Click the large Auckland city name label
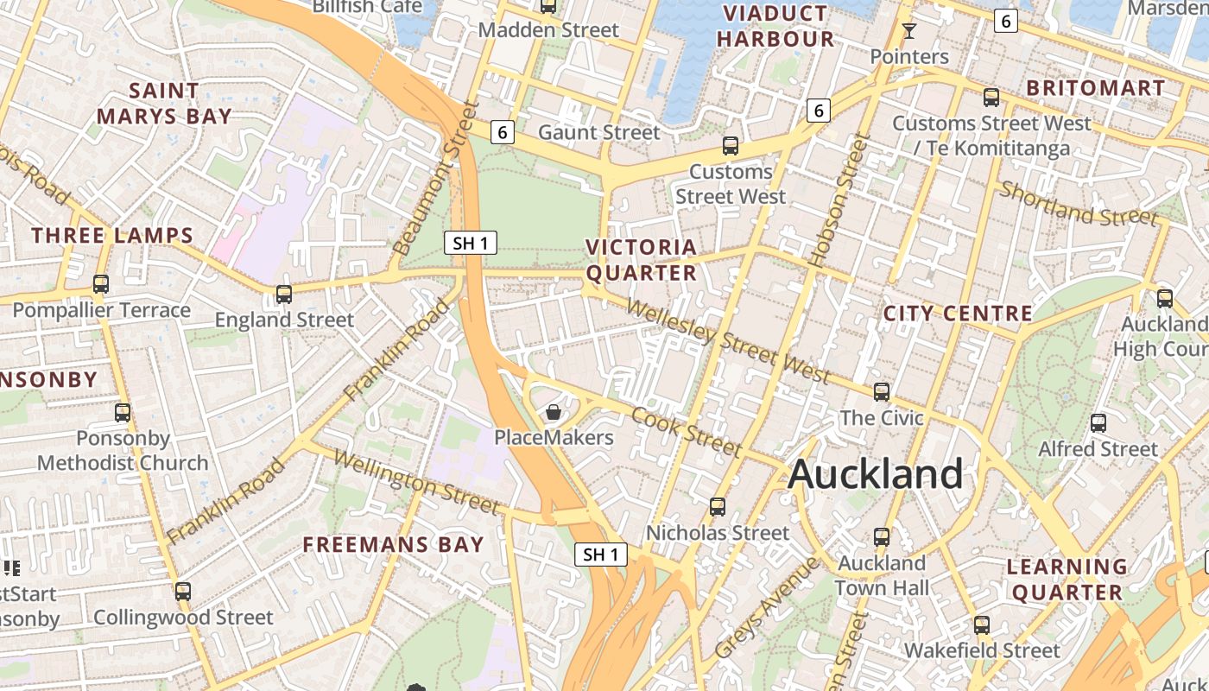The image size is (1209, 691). [x=875, y=474]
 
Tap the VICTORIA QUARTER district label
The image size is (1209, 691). [x=641, y=260]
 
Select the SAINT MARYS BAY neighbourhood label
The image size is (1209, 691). [x=164, y=103]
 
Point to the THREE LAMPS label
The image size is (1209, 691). [x=112, y=235]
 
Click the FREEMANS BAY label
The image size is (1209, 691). [x=393, y=544]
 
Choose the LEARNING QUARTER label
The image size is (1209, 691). [x=1067, y=580]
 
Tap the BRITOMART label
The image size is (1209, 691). [x=1095, y=87]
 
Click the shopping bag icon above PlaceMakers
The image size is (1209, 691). [x=554, y=412]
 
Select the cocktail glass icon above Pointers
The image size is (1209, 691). [x=908, y=32]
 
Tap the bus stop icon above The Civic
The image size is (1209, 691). [x=881, y=392]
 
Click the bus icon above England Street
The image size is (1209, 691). [x=284, y=295]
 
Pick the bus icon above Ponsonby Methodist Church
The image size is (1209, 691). [x=123, y=413]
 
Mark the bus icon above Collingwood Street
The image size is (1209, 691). [x=182, y=592]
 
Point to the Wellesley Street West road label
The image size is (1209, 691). [x=727, y=340]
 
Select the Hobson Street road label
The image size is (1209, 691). [x=836, y=200]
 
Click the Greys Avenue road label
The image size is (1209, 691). [x=767, y=608]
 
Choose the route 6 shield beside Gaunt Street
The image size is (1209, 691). [x=503, y=132]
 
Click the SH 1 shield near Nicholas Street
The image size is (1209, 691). [x=601, y=555]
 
